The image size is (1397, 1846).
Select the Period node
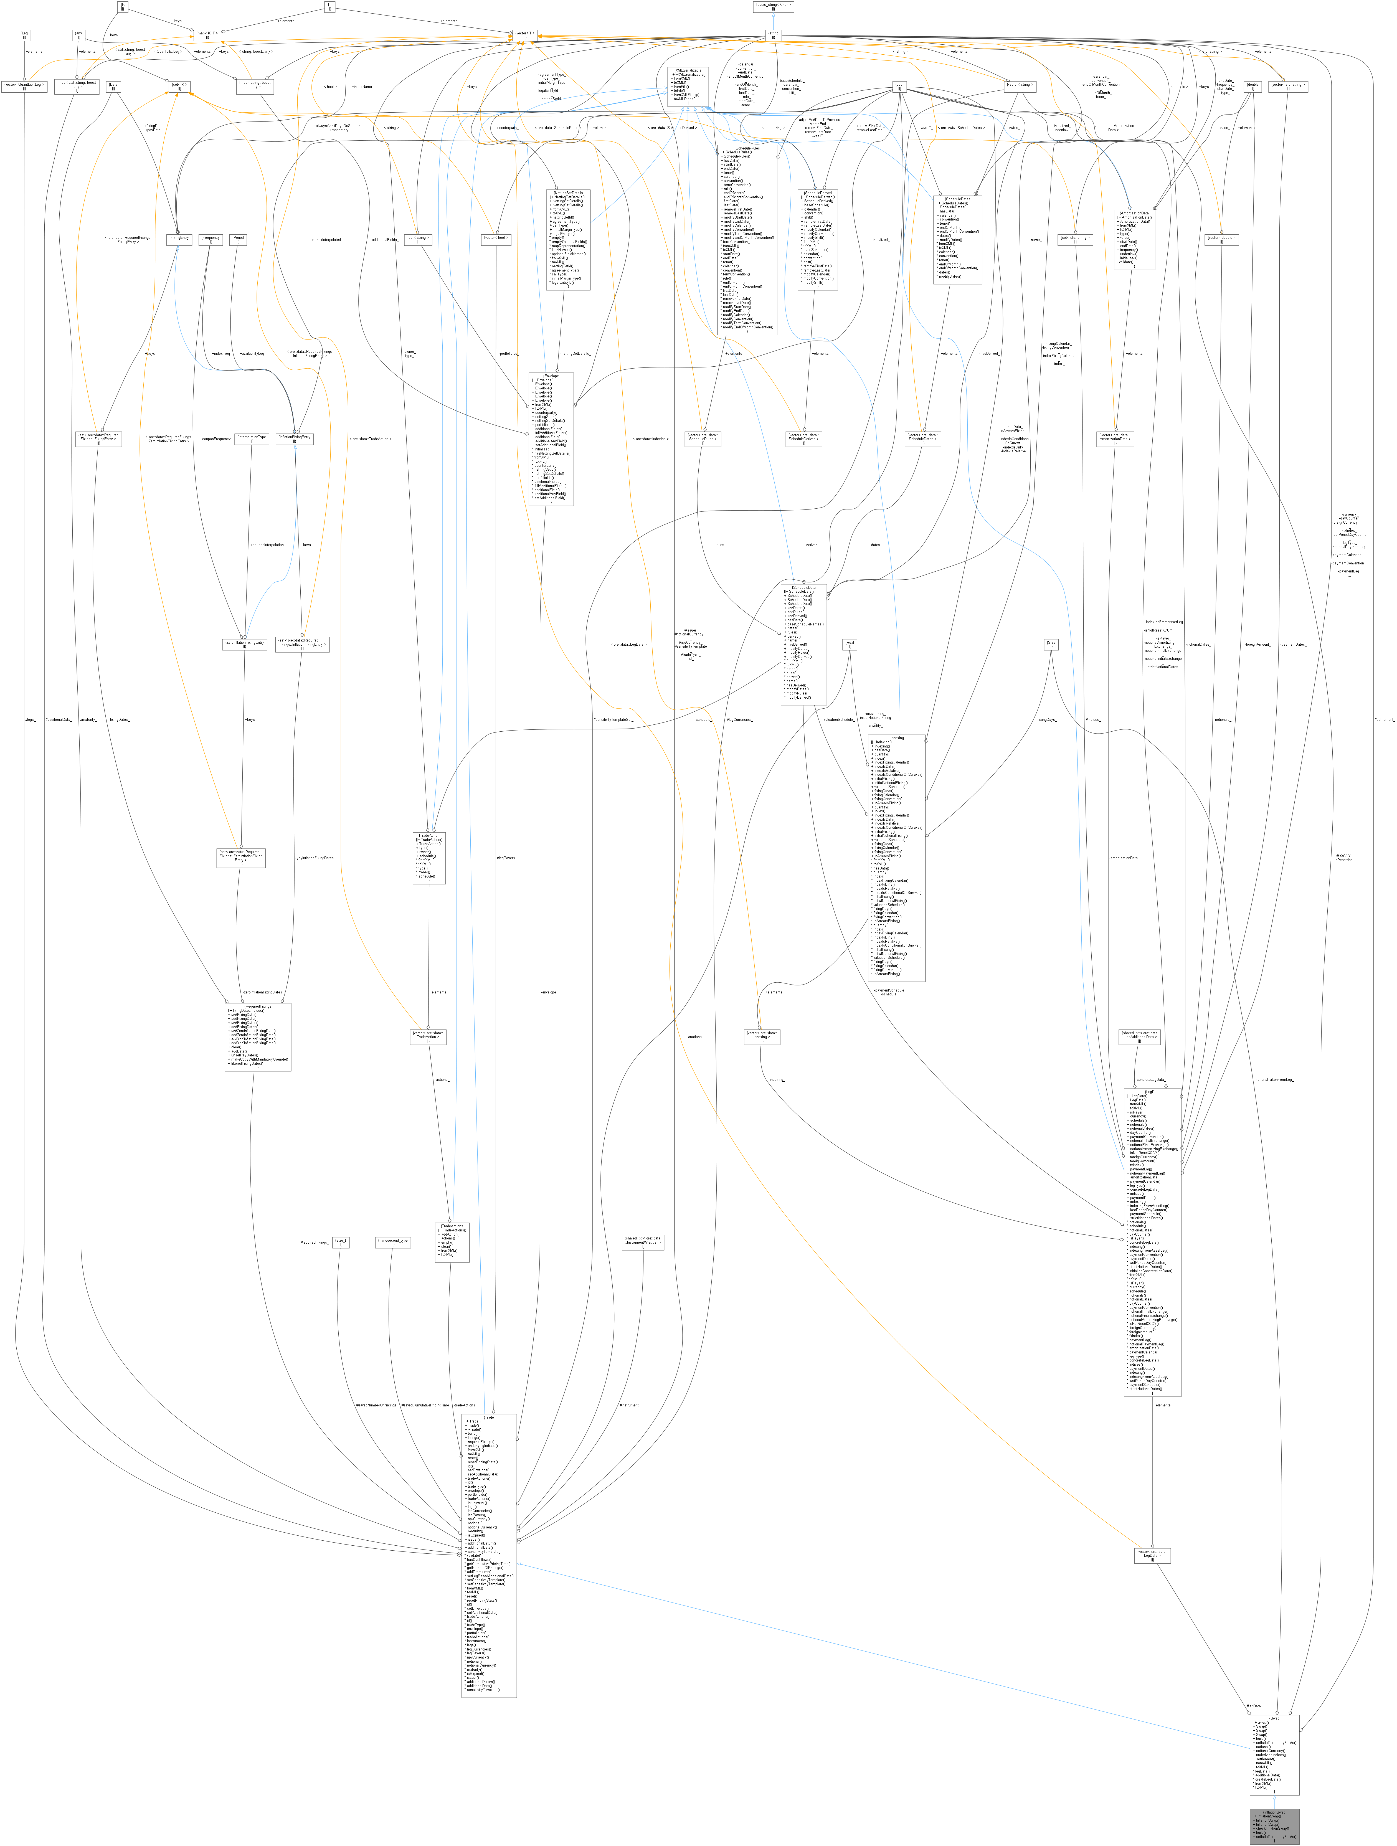point(238,239)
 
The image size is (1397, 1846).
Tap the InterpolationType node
point(251,438)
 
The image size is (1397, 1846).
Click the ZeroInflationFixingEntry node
point(245,643)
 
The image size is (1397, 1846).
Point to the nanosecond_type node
point(392,1242)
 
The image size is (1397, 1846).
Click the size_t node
point(341,1242)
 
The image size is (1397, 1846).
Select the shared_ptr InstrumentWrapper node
point(643,1242)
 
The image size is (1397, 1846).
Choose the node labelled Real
point(850,643)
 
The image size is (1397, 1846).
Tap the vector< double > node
point(1221,239)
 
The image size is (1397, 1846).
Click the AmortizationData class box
point(1134,239)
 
